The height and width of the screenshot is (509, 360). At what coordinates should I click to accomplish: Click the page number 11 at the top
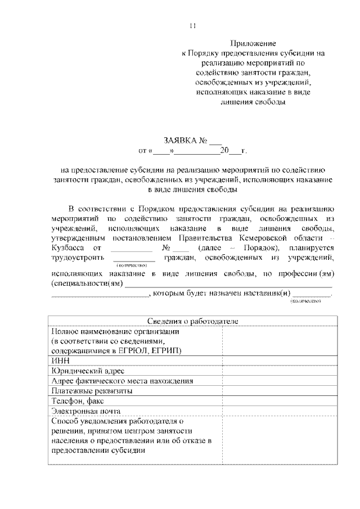coord(193,25)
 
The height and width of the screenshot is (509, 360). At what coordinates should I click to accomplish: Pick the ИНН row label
coord(58,361)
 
